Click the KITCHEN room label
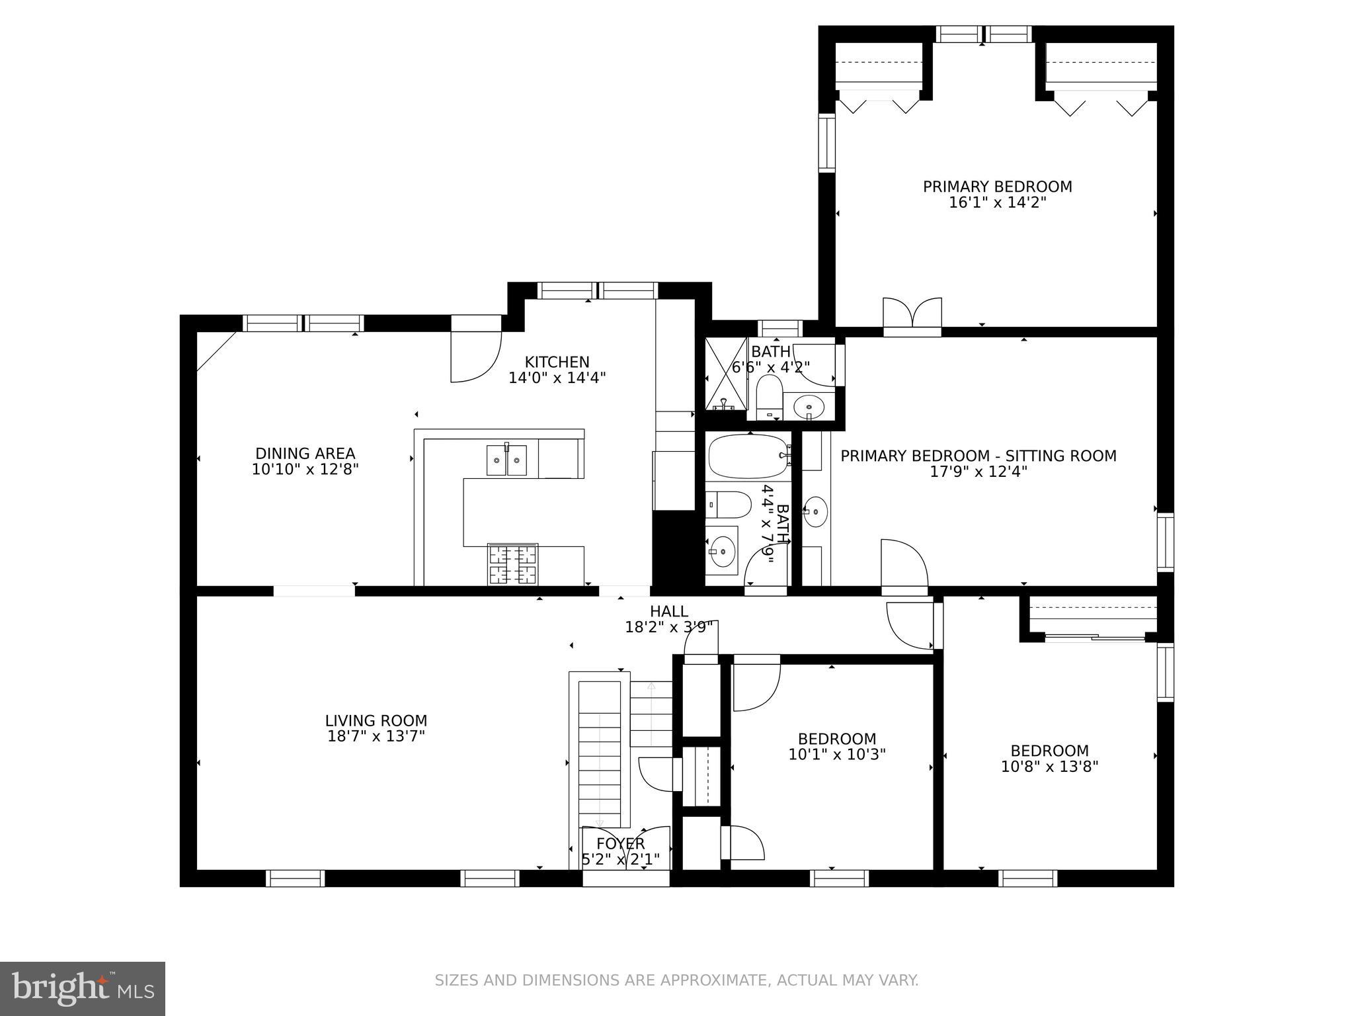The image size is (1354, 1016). [x=557, y=362]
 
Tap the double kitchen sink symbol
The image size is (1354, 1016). [x=506, y=460]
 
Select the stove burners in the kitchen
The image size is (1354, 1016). [x=512, y=564]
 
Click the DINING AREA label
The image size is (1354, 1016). [x=305, y=454]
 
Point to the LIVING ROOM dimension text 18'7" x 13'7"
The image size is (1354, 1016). [x=376, y=736]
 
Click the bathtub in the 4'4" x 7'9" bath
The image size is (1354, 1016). [x=748, y=456]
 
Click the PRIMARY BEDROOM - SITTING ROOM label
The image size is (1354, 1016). [x=978, y=456]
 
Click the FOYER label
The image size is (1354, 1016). [x=620, y=844]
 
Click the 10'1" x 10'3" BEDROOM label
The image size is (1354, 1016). [x=837, y=739]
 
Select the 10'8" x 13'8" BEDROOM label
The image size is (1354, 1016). [x=1049, y=751]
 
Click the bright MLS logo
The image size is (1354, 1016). [x=82, y=988]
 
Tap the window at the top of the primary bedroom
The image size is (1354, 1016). [x=983, y=34]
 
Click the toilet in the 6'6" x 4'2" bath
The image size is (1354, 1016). [x=768, y=397]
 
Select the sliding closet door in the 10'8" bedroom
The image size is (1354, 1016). [x=1094, y=638]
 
